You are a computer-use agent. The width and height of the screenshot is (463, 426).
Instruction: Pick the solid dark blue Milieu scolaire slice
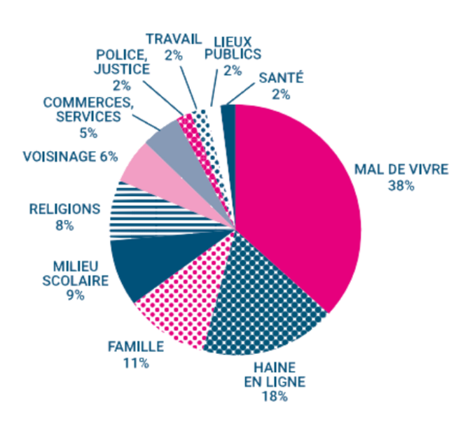tap(140, 266)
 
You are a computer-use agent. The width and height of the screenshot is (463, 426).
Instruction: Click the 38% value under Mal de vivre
tap(401, 186)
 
